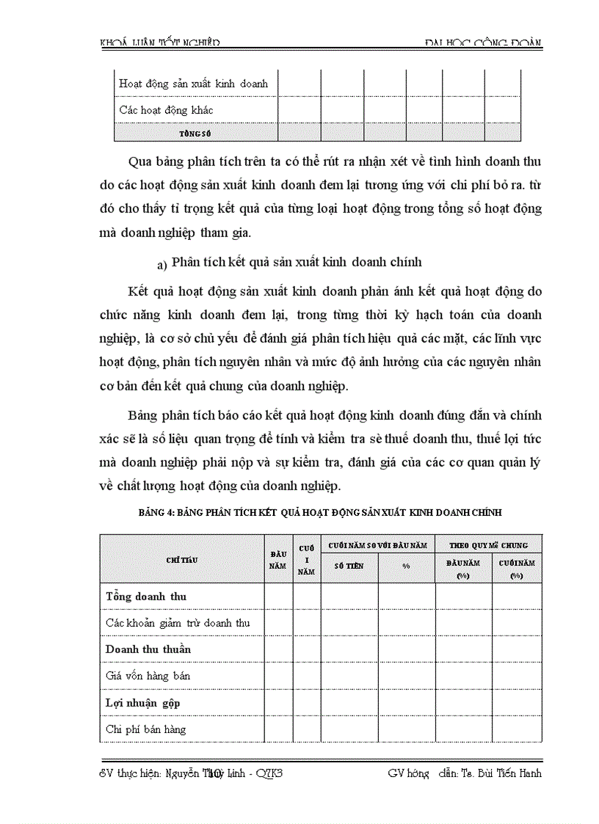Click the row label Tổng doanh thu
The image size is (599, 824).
coord(146,597)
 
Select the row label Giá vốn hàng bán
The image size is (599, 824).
coord(148,676)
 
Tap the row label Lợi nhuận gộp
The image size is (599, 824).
coord(143,702)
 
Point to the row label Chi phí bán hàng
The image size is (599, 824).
coord(146,729)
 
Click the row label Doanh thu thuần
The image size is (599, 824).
coord(148,649)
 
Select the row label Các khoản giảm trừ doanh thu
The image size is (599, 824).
coord(178,623)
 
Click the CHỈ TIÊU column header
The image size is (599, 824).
coord(182,559)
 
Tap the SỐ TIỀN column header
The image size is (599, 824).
coord(349,566)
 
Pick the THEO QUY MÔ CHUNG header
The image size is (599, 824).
coord(488,545)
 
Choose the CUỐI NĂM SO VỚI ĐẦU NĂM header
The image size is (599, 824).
coord(377,545)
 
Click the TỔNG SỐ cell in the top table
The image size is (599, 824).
coord(195,133)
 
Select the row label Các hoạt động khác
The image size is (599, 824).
coord(166,110)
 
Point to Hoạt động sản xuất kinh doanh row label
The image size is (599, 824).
coord(194,84)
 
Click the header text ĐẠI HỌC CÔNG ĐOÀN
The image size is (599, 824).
coord(483,43)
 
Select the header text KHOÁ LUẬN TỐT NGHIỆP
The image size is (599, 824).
coord(159,43)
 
